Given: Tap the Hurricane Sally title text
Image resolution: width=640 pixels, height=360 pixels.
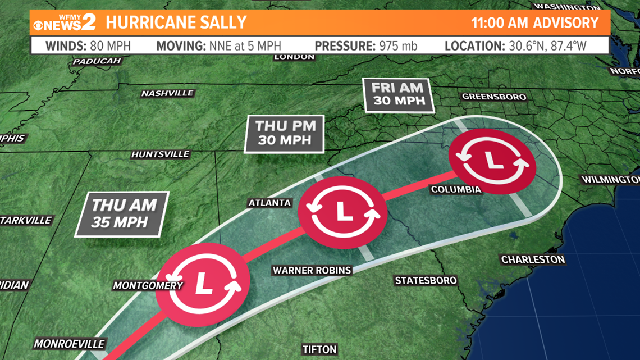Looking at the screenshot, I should [x=176, y=22].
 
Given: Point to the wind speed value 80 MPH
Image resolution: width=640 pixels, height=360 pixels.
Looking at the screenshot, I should [x=110, y=45].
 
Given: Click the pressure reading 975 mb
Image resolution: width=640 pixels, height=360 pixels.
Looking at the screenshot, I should [x=397, y=45].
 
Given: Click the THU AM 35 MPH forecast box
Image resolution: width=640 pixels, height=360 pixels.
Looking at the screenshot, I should [x=123, y=213].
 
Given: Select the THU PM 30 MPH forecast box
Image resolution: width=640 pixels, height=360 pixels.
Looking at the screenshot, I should [x=284, y=133].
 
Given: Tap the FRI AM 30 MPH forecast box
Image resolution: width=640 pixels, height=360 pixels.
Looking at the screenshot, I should [x=397, y=95].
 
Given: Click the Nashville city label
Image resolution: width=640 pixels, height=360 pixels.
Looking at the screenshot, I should [x=167, y=93].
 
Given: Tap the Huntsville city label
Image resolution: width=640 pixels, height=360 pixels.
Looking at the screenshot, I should [x=160, y=154].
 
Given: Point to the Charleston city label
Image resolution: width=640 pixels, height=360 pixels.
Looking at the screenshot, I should [x=533, y=259].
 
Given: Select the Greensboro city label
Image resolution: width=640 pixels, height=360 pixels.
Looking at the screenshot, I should [x=494, y=97].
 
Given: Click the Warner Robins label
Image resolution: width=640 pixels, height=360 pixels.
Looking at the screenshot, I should [x=312, y=270].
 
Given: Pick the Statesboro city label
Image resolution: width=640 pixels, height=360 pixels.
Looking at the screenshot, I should [x=426, y=280].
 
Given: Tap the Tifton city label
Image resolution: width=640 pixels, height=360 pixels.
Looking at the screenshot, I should [x=319, y=349].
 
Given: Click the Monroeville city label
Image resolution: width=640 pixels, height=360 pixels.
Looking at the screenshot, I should [x=69, y=343].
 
